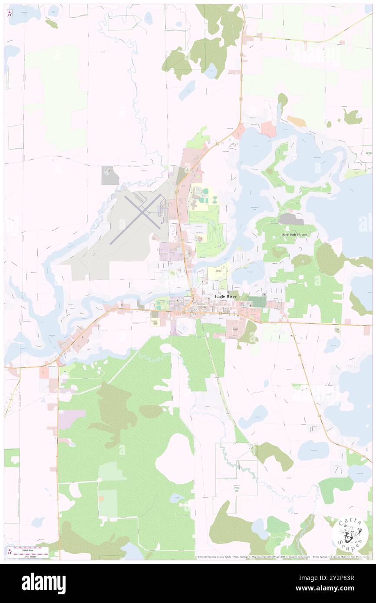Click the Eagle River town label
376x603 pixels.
pyautogui.click(x=225, y=296)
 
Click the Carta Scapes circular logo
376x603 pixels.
pyautogui.click(x=350, y=533)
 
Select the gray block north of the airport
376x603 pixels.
pyautogui.click(x=110, y=175)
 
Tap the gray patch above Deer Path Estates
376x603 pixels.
pyautogui.click(x=290, y=219)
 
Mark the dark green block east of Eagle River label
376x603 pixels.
pyautogui.click(x=257, y=301)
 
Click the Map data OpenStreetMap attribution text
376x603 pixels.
pyautogui.click(x=265, y=557)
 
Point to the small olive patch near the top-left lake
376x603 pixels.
pyautogui.click(x=52, y=24)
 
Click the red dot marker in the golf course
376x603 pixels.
pyautogui.click(x=201, y=238)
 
